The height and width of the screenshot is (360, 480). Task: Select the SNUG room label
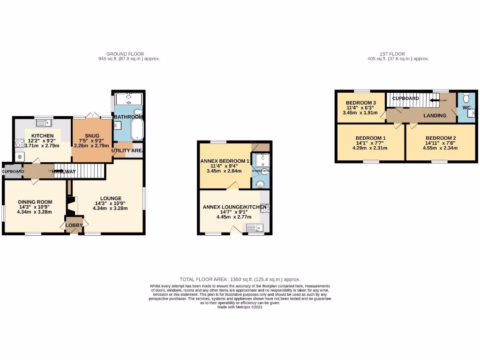tap(92, 136)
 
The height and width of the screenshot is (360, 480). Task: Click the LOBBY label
tap(74, 225)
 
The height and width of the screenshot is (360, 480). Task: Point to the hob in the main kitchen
tap(20, 143)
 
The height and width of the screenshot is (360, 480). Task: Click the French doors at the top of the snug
tap(92, 117)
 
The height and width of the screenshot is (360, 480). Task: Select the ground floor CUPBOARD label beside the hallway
tap(13, 172)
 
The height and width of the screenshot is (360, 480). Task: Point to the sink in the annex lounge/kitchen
tap(255, 228)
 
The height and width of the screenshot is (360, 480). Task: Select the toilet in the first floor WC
tap(465, 99)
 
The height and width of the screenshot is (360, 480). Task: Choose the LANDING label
tap(435, 115)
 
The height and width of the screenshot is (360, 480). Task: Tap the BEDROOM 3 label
tap(360, 103)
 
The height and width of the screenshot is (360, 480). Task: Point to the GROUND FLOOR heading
tap(126, 54)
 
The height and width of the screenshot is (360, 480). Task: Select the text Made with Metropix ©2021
tap(240, 307)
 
